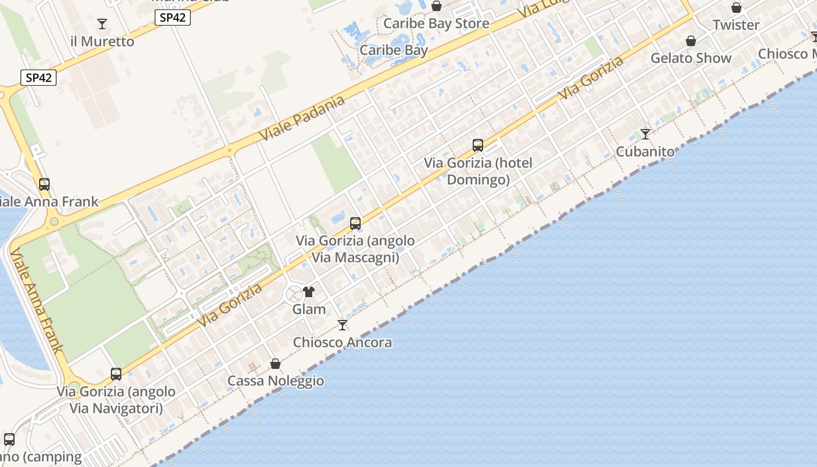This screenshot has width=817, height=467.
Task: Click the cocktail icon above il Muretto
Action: coord(102,24)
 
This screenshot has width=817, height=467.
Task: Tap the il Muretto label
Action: coord(102,41)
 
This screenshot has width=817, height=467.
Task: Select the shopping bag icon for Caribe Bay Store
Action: coord(437,6)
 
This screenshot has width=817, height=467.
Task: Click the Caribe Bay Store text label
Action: coord(436,23)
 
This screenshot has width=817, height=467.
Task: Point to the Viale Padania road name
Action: coord(302,118)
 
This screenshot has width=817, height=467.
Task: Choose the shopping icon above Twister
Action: coord(736,8)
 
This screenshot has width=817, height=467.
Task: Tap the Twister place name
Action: coord(736,25)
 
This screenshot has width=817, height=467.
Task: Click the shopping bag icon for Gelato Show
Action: coord(691,41)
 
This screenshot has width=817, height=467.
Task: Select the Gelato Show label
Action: coord(691,58)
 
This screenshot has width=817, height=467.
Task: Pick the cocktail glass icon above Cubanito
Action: coord(645,134)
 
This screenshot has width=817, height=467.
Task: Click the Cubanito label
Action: coord(645,152)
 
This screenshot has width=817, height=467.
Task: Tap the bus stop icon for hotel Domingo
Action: coord(478,145)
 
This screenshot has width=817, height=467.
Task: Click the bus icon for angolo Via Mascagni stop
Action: coord(355,223)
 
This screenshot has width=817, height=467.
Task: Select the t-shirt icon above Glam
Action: coord(309,292)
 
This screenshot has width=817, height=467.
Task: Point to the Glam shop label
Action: coord(309,309)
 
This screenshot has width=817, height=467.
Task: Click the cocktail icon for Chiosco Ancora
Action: coord(343,325)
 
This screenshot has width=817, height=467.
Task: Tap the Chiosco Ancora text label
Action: coord(343,343)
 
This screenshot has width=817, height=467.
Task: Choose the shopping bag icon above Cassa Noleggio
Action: coord(275,364)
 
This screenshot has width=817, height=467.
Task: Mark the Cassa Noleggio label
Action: coord(275,381)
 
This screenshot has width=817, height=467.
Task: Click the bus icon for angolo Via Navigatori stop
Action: coord(116,374)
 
